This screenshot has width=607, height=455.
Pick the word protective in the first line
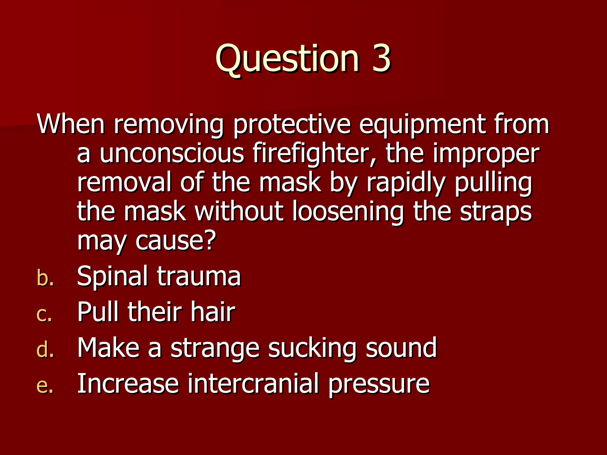[x=292, y=124]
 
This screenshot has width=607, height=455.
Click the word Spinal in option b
[x=112, y=276]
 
